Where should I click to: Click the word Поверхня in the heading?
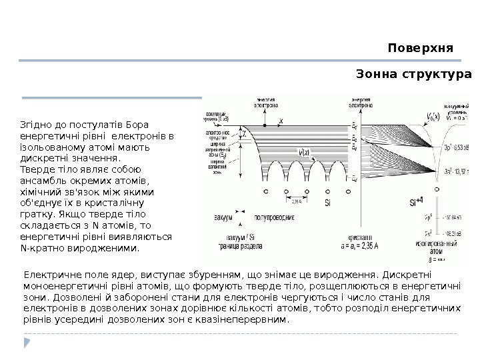(x=420, y=49)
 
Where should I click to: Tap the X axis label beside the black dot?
(x=281, y=121)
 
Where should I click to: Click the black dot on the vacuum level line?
(x=266, y=125)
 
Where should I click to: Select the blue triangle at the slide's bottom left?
(x=27, y=343)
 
